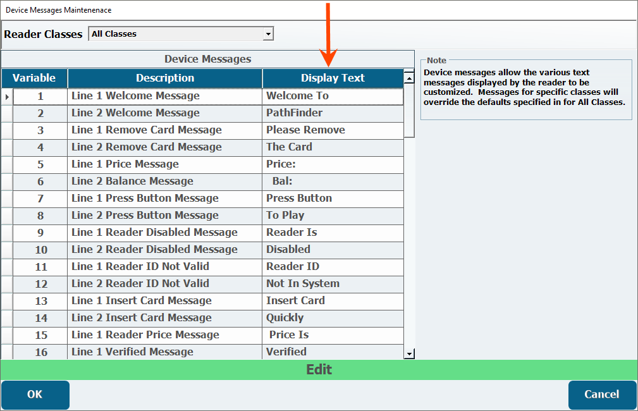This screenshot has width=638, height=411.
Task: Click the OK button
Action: point(35,395)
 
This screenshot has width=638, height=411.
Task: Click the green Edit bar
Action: point(319,369)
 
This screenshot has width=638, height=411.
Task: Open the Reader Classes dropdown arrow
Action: point(268,34)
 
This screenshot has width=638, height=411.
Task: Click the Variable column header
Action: point(34,78)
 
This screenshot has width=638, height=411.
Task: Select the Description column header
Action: point(165,78)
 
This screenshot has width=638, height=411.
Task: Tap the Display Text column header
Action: point(333,78)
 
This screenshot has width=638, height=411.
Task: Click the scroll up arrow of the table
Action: point(409,77)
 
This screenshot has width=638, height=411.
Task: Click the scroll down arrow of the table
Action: point(409,353)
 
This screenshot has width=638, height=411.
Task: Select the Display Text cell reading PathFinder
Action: point(333,113)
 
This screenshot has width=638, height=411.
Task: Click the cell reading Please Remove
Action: point(333,130)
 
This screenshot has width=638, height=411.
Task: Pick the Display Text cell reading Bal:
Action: point(333,181)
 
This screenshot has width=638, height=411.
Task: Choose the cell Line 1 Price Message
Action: point(165,164)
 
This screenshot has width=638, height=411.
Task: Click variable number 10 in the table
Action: point(40,250)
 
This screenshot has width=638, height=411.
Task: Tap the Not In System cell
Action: point(333,284)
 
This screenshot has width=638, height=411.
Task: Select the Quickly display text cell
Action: point(333,318)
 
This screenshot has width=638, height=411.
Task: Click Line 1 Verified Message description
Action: point(165,352)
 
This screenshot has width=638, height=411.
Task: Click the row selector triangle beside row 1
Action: point(7,97)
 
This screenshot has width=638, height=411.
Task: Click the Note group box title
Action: point(436,60)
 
